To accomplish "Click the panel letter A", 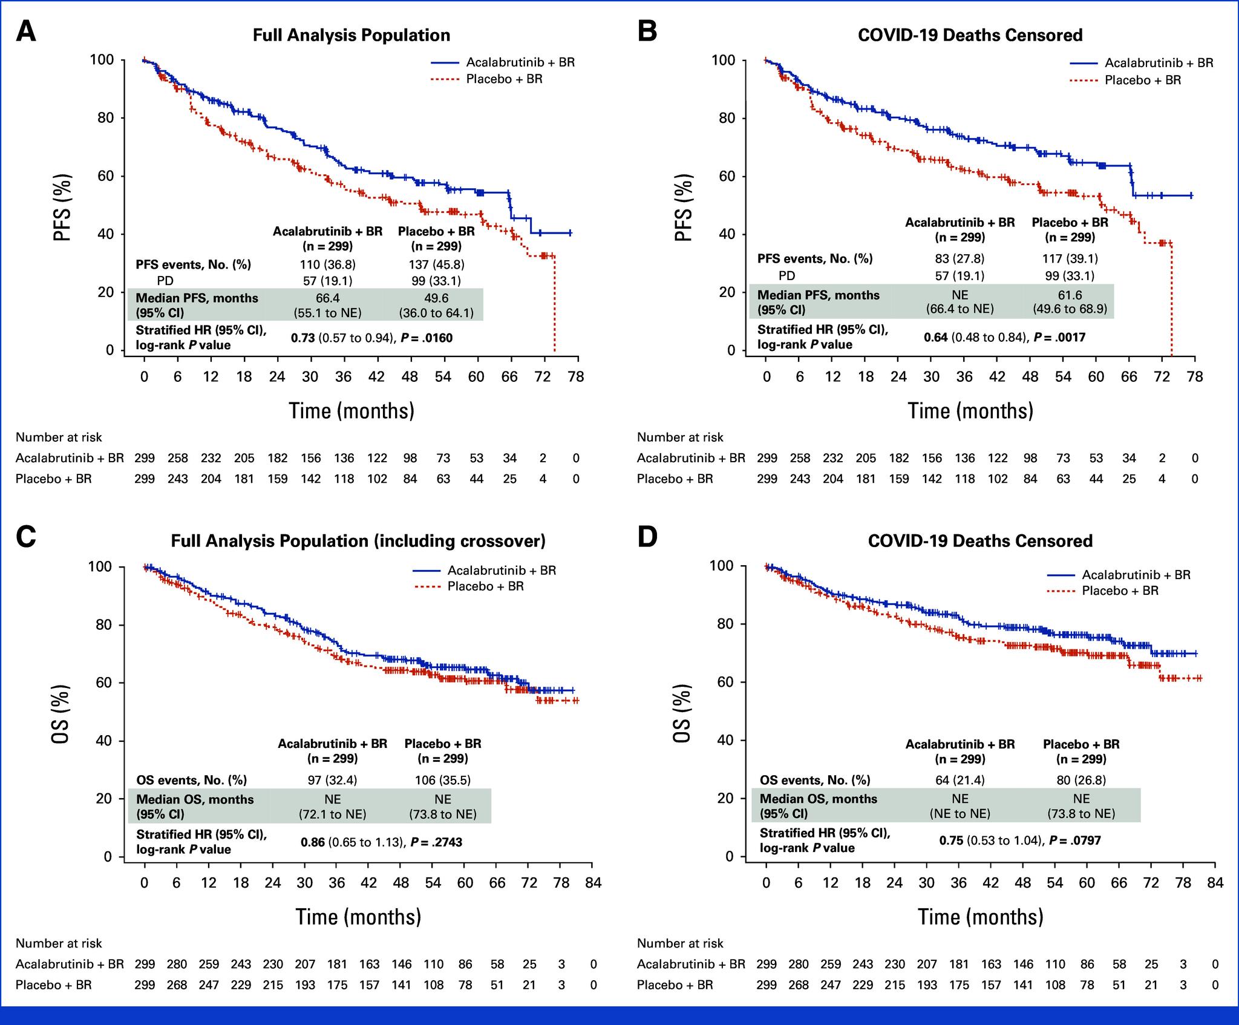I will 25,31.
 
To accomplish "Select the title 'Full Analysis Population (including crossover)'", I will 358,540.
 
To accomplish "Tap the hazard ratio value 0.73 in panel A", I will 302,338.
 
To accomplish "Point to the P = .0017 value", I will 1059,336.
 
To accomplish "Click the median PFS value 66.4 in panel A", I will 327,298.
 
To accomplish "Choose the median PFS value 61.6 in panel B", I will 1070,295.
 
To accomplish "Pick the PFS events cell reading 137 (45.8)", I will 436,264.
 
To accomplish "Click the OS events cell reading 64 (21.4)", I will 959,780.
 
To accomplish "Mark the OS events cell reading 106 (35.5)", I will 442,780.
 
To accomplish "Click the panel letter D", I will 647,537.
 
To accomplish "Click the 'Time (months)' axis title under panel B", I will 970,411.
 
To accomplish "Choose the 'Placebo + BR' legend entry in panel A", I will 504,79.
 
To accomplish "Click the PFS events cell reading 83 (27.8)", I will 959,258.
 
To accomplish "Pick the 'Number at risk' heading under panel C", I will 59,943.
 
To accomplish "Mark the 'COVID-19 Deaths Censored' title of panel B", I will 970,35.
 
